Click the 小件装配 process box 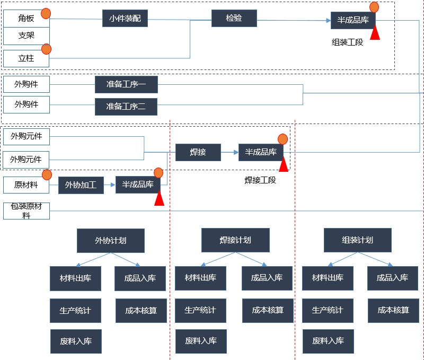pos(125,18)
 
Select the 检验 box pos(234,18)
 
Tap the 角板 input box pos(26,19)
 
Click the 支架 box pos(26,36)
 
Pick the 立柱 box pos(26,58)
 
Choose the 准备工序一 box pos(126,84)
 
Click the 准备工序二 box pos(126,107)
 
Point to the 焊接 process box pos(198,152)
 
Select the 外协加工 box pos(81,185)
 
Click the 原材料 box pos(26,185)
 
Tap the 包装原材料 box pos(26,210)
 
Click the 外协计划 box pos(110,240)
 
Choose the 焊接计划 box pos(235,240)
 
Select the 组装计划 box pos(357,240)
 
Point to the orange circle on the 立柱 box pos(46,49)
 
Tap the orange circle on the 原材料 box pos(47,174)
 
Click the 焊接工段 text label pos(260,180)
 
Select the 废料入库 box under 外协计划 pos(76,341)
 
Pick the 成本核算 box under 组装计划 pos(393,310)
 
